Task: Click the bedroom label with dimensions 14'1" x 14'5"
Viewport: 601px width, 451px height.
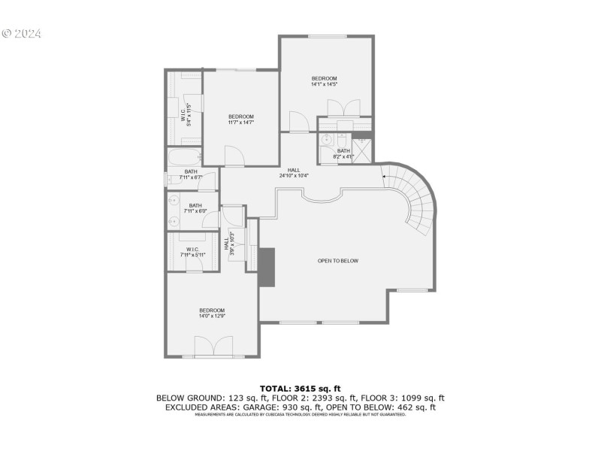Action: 325,81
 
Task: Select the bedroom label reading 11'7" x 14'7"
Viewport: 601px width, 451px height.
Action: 241,120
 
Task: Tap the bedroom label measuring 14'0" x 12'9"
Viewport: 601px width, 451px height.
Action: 212,313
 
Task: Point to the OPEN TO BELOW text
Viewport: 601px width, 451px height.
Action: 338,261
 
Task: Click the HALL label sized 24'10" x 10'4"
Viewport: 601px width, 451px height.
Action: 294,174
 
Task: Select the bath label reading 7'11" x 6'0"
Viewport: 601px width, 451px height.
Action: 195,209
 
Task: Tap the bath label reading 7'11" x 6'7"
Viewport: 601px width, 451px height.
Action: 191,175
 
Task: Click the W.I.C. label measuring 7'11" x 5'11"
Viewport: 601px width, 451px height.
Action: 192,253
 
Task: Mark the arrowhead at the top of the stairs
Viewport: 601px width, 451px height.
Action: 385,177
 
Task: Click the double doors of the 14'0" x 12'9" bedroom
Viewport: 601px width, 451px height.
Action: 213,347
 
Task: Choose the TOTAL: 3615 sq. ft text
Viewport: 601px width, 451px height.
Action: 300,389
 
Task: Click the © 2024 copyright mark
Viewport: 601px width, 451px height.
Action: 22,34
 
